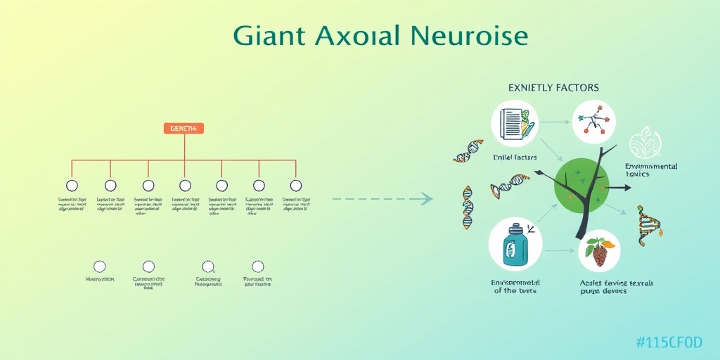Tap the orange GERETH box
pyautogui.click(x=184, y=128)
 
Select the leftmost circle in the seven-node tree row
pyautogui.click(x=71, y=186)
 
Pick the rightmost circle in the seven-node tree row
pyautogui.click(x=296, y=186)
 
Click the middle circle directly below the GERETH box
pyautogui.click(x=184, y=186)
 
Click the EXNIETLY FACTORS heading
pyautogui.click(x=553, y=88)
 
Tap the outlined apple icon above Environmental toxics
pyautogui.click(x=645, y=142)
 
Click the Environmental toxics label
pyautogui.click(x=651, y=171)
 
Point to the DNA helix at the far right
pyautogui.click(x=648, y=225)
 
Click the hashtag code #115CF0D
pyautogui.click(x=669, y=342)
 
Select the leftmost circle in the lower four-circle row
pyautogui.click(x=100, y=266)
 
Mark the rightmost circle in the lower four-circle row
pyautogui.click(x=258, y=266)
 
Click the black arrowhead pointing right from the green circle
pyautogui.click(x=624, y=188)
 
